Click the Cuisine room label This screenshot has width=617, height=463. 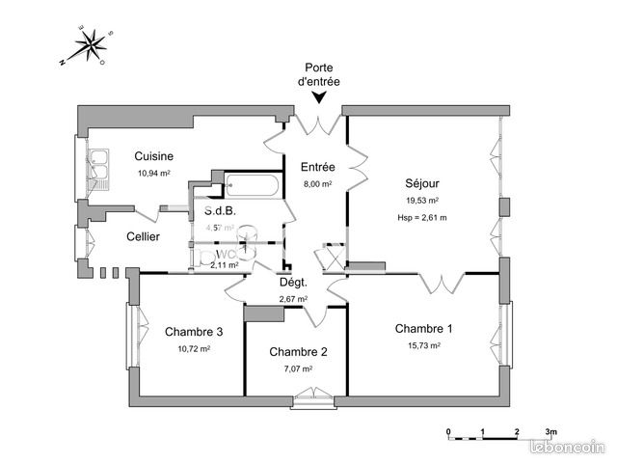(x=153, y=156)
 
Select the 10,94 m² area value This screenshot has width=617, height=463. (x=153, y=174)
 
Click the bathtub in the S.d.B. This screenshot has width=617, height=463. (x=254, y=185)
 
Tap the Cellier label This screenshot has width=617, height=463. (x=144, y=237)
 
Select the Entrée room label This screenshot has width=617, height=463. (x=317, y=167)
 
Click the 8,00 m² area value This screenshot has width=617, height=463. (x=317, y=183)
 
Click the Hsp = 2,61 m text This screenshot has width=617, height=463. (x=423, y=217)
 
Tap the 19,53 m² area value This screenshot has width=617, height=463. (x=423, y=201)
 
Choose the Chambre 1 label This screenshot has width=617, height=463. (x=423, y=329)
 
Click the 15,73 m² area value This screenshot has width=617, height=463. (x=423, y=345)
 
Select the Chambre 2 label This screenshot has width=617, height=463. (x=299, y=352)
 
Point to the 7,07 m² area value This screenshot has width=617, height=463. (x=297, y=368)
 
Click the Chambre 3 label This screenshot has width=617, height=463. (x=194, y=332)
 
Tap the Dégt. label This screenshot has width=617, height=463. (x=293, y=283)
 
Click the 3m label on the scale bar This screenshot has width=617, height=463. (x=551, y=431)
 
